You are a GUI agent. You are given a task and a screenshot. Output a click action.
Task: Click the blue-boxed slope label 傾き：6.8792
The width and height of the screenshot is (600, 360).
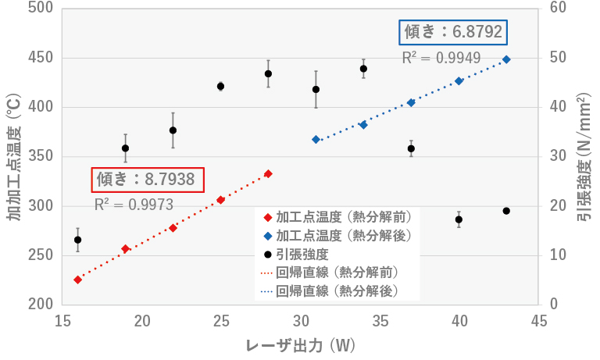tap(453, 33)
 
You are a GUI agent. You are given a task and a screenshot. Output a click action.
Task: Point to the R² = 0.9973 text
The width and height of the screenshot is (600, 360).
tap(134, 205)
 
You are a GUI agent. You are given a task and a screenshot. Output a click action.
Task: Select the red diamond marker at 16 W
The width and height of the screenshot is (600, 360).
tap(77, 280)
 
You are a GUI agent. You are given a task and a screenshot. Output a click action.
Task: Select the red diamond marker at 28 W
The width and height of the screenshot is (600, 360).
tap(268, 173)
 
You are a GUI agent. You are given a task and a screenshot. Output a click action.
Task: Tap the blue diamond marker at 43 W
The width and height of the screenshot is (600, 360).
tap(506, 59)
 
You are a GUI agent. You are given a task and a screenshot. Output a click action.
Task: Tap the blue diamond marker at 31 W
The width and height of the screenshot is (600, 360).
tap(316, 139)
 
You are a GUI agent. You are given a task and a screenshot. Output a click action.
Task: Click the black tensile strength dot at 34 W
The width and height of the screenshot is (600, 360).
tap(363, 69)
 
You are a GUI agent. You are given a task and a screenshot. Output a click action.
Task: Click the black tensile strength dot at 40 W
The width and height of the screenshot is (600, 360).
tap(459, 219)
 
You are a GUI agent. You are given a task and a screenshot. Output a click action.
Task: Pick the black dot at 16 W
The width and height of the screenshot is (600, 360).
tap(77, 240)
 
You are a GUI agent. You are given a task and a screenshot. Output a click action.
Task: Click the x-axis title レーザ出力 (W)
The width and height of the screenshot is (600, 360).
tap(299, 344)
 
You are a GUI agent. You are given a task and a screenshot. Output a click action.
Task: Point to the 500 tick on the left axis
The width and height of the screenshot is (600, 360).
tap(40, 9)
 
